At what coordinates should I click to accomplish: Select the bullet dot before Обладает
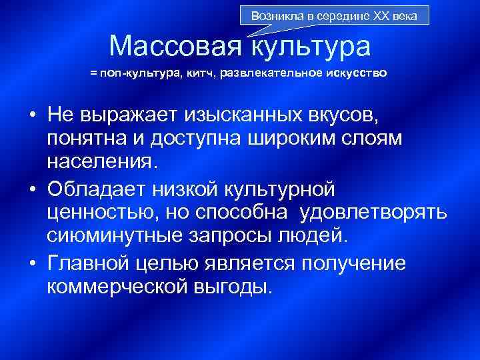32,190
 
